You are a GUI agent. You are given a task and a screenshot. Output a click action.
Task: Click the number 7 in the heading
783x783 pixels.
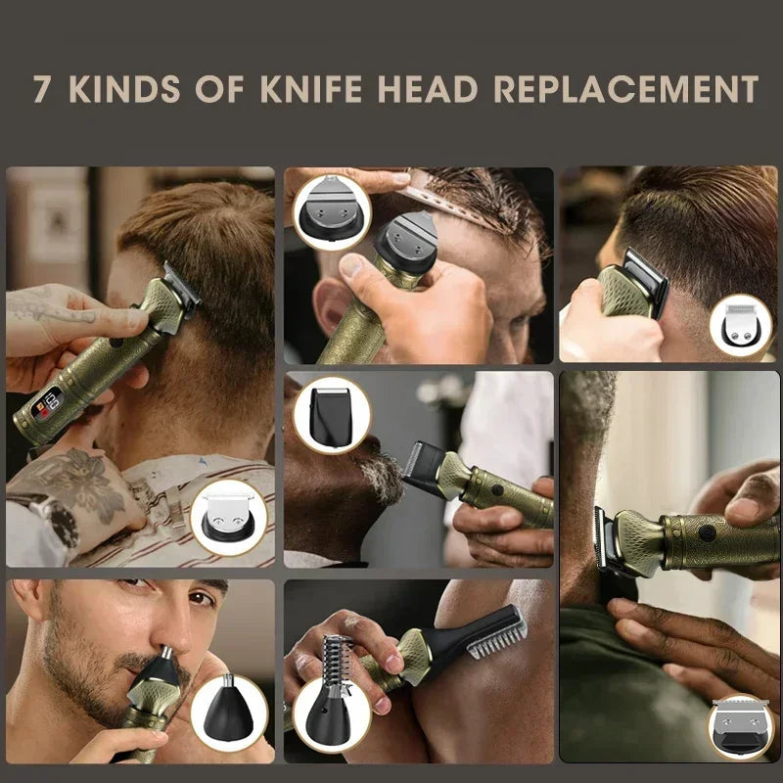[x=41, y=88]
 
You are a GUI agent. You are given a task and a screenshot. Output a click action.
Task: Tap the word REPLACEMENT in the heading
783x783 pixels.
[x=626, y=88]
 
